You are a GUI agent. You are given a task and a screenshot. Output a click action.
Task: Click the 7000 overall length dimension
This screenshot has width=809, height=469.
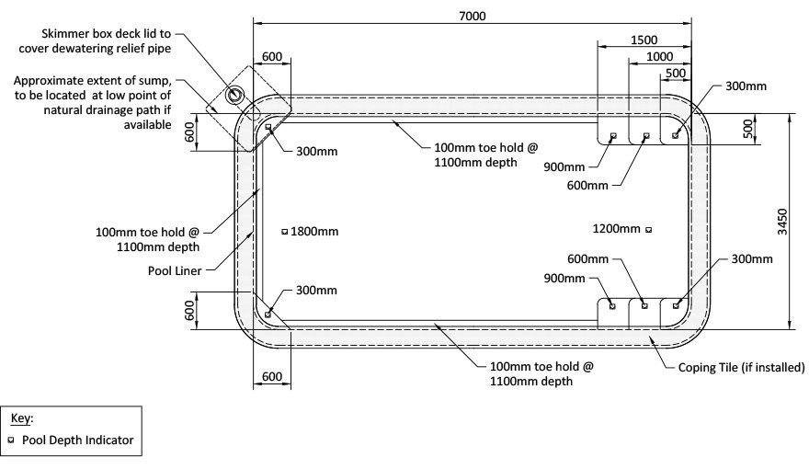pyautogui.click(x=473, y=16)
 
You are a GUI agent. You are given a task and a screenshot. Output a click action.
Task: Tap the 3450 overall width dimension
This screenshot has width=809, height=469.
pyautogui.click(x=782, y=222)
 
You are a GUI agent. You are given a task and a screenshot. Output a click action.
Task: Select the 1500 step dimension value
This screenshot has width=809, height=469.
pyautogui.click(x=644, y=40)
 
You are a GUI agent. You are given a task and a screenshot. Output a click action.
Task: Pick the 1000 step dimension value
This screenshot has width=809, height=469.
pyautogui.click(x=659, y=57)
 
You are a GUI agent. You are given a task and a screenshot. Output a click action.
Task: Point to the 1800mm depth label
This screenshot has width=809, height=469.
pyautogui.click(x=314, y=232)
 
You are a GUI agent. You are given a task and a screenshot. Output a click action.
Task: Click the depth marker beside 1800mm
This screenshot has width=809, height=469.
pyautogui.click(x=284, y=232)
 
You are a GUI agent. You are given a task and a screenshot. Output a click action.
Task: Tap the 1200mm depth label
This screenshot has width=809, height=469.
pyautogui.click(x=616, y=229)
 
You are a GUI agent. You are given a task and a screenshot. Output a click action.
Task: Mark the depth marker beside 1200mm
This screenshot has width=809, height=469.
pyautogui.click(x=648, y=230)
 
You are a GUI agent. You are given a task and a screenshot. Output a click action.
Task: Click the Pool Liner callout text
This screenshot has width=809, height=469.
pyautogui.click(x=175, y=271)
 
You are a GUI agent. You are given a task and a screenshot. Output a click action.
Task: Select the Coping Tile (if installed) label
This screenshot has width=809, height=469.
pyautogui.click(x=741, y=367)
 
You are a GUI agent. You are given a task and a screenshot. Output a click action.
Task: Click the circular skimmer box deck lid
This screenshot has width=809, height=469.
pyautogui.click(x=235, y=94)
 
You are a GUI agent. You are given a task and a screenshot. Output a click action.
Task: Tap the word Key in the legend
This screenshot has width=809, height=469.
pyautogui.click(x=20, y=418)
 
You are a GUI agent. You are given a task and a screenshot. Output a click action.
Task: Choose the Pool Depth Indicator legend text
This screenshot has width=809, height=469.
pyautogui.click(x=77, y=440)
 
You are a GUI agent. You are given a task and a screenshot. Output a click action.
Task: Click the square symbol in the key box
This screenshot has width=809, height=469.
pyautogui.click(x=11, y=440)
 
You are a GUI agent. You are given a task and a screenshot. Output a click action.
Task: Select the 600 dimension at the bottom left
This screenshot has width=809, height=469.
pyautogui.click(x=272, y=377)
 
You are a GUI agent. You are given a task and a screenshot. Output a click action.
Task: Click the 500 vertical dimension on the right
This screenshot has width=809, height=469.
pyautogui.click(x=748, y=129)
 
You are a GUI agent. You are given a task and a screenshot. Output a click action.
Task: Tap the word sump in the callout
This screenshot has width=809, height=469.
pyautogui.click(x=155, y=81)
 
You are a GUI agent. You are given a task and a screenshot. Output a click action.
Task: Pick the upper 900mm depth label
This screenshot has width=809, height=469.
pyautogui.click(x=564, y=167)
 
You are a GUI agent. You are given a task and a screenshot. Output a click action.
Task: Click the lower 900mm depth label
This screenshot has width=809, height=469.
pyautogui.click(x=564, y=279)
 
